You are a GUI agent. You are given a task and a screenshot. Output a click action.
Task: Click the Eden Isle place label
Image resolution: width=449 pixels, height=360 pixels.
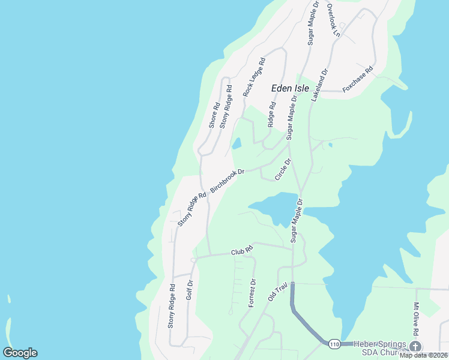[290, 88]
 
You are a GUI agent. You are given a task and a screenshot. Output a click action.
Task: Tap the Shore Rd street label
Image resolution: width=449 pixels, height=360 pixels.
[214, 114]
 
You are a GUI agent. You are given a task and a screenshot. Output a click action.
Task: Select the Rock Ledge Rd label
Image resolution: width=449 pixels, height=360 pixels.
[254, 77]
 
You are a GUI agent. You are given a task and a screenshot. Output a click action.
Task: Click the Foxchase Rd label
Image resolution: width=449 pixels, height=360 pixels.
[358, 79]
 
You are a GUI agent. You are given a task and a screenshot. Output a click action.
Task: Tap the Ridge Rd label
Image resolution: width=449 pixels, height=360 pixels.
[271, 114]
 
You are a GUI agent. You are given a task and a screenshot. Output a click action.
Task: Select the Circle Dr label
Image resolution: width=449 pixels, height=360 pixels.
[283, 170]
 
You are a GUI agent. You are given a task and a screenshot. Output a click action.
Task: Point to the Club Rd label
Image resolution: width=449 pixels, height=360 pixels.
[242, 252]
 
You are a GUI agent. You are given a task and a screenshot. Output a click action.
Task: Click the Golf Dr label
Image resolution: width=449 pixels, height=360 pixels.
[189, 290]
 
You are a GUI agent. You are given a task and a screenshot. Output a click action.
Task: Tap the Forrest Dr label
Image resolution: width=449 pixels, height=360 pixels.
[253, 293]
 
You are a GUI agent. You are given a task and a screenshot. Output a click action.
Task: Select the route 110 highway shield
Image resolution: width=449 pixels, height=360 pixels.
[334, 344]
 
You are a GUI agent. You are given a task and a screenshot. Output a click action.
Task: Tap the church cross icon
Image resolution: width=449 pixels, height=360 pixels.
[415, 347]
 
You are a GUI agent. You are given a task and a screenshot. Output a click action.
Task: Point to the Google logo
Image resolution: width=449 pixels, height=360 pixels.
[20, 353]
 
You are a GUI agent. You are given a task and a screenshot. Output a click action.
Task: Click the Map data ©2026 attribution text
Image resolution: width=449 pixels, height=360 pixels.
[423, 355]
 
